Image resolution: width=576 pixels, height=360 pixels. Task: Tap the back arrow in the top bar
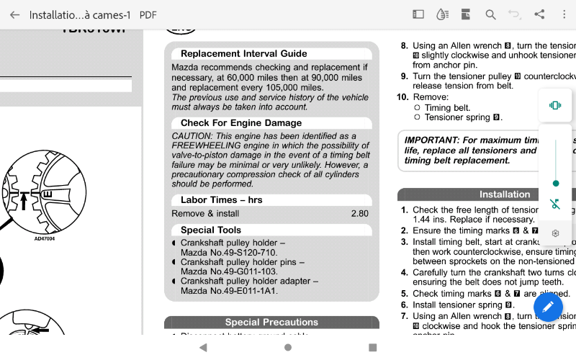tap(14, 14)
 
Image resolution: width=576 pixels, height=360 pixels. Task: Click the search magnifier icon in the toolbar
tap(490, 14)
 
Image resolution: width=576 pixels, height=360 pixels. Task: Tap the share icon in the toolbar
tap(539, 14)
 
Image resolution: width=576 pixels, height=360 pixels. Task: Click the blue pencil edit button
tap(548, 307)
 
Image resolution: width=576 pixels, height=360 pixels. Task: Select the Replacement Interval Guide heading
tap(243, 53)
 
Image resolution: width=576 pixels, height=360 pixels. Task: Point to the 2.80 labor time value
tap(359, 214)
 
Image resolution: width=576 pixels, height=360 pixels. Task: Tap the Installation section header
tap(504, 194)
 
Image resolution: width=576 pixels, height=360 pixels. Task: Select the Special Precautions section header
tap(271, 323)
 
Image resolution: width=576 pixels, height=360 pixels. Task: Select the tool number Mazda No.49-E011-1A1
tap(229, 291)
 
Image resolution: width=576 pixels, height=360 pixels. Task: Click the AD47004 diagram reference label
tap(45, 238)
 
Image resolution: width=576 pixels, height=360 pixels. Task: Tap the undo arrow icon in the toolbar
tap(514, 14)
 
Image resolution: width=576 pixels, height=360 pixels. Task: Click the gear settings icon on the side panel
tap(555, 233)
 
